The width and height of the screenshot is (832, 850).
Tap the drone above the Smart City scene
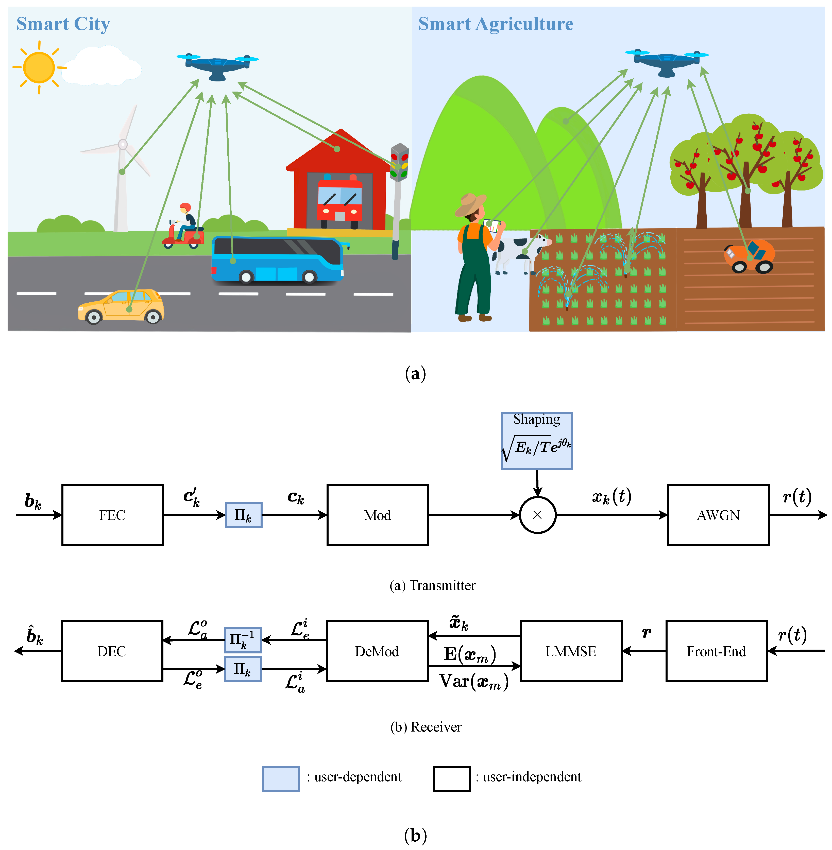coord(217,65)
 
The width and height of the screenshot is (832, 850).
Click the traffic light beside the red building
coord(399,163)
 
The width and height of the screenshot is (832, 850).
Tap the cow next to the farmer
coord(520,253)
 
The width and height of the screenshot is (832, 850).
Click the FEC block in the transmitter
coord(112,515)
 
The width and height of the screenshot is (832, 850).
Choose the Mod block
coord(377,515)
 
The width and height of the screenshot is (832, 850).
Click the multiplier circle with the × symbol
coord(537,515)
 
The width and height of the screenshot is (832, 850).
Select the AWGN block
coord(718,515)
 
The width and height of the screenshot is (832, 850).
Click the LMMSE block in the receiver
coord(571,651)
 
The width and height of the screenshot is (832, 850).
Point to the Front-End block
coord(716,651)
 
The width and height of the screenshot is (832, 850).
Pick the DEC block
coord(112,651)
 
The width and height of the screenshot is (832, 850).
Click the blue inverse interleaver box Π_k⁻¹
coord(243,639)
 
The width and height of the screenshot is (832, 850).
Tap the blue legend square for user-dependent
coord(281,778)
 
